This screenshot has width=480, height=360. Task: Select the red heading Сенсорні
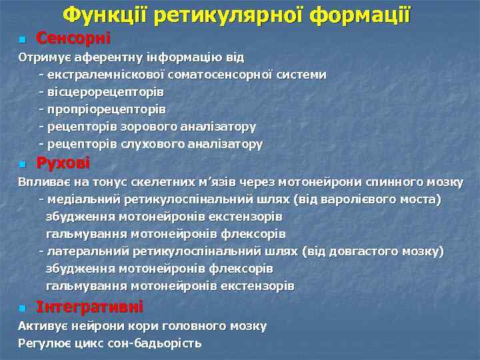[x=73, y=39]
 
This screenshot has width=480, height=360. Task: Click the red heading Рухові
[x=63, y=163]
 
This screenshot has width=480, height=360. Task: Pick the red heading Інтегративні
[x=89, y=307]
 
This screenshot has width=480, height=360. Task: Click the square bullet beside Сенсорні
[x=22, y=40]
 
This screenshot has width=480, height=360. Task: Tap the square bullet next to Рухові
[x=22, y=164]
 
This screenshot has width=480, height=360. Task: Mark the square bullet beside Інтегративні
[x=22, y=308]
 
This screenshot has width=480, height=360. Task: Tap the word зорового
[x=146, y=126]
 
